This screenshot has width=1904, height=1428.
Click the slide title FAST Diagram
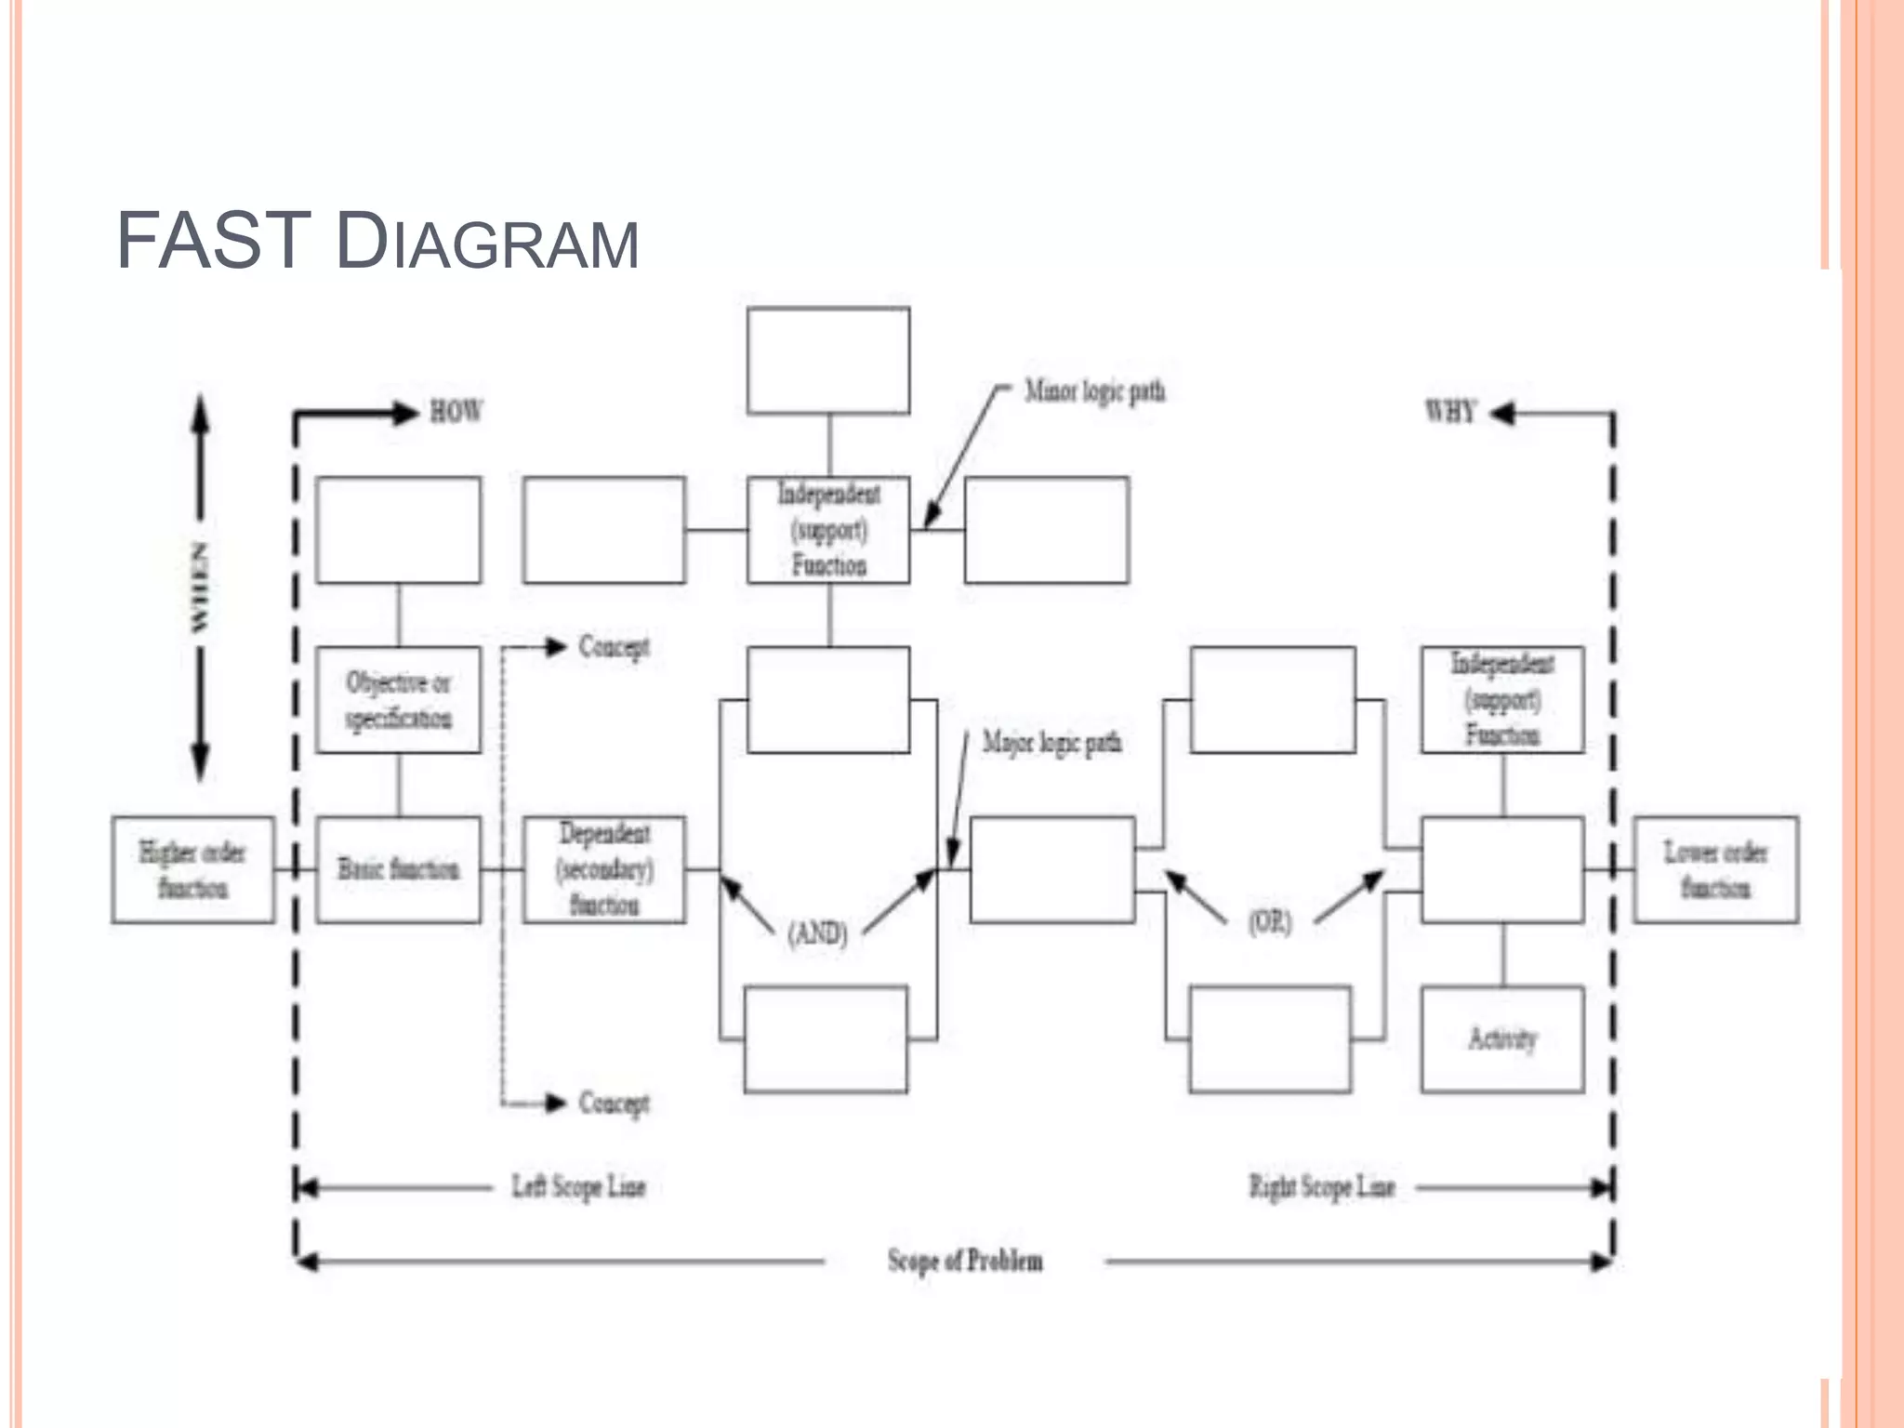377,242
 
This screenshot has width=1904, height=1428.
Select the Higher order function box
193,870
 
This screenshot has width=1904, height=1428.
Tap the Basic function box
399,870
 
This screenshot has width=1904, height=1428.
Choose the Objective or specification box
399,700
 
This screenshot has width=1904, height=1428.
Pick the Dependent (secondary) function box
604,870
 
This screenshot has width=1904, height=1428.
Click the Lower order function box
1716,870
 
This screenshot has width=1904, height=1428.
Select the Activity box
1502,1039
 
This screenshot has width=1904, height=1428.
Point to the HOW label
456,412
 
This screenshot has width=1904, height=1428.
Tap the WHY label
1450,412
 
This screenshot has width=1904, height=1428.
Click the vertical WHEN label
199,588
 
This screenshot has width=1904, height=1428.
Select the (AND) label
818,932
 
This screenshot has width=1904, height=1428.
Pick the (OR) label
1270,922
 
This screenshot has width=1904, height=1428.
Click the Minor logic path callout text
1094,391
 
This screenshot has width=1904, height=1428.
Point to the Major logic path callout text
1052,743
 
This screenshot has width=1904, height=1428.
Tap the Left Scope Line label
578,1187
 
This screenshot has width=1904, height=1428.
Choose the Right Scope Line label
1322,1187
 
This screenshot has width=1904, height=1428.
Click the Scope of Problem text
965,1262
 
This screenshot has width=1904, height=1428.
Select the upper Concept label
614,647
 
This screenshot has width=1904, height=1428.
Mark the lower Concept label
614,1104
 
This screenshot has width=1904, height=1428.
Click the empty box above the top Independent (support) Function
828,361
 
